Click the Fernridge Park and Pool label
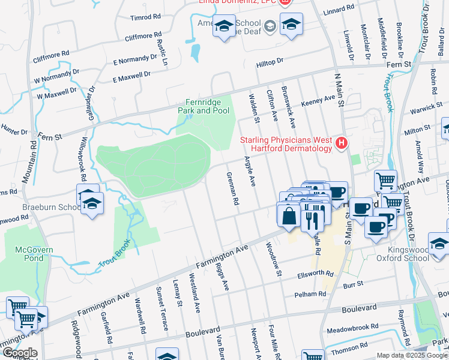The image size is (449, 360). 203,107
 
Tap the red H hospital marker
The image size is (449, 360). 342,143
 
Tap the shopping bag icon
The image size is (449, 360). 289,215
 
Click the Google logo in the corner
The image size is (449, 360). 19,353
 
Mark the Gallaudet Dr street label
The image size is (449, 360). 92,97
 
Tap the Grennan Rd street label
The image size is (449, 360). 233,188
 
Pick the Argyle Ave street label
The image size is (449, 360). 250,171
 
